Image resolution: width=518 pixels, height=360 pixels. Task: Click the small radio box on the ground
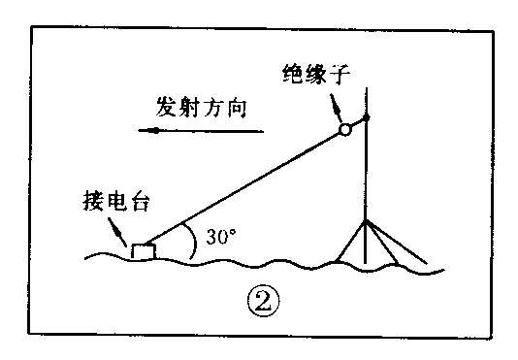click(144, 251)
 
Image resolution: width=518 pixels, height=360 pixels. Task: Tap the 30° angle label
click(220, 237)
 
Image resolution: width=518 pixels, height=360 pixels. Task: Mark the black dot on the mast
click(366, 120)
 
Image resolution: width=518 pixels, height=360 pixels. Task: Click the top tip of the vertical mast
click(366, 89)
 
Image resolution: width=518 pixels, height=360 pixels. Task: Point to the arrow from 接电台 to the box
click(120, 233)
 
